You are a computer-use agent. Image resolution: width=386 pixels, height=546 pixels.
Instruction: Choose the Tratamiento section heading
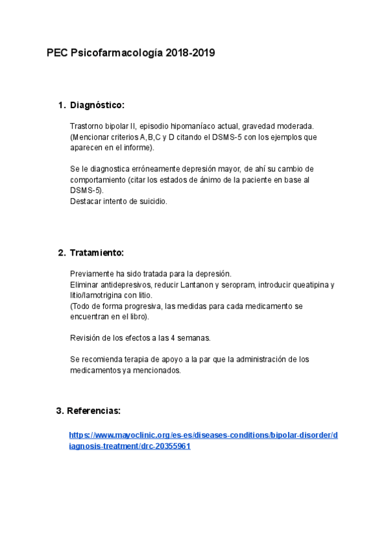tap(96, 252)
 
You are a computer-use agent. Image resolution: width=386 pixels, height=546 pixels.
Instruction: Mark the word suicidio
tap(151, 202)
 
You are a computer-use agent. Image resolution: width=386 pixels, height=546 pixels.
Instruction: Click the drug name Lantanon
tap(202, 285)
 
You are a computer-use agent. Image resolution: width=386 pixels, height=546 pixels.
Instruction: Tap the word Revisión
tap(86, 337)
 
